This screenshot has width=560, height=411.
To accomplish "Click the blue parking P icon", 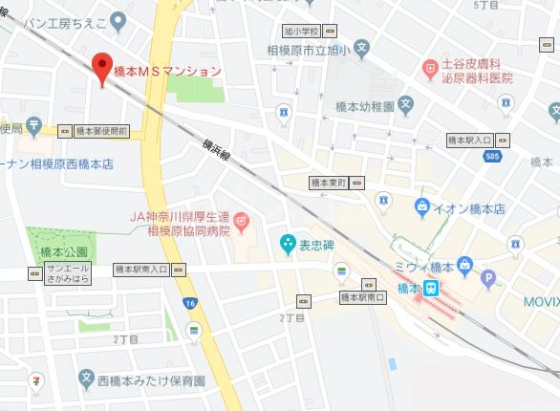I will [489, 280].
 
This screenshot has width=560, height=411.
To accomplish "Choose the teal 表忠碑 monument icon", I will [287, 245].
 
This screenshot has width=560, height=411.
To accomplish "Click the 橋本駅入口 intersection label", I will [471, 141].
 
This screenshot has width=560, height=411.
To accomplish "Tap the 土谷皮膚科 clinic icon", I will [430, 68].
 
